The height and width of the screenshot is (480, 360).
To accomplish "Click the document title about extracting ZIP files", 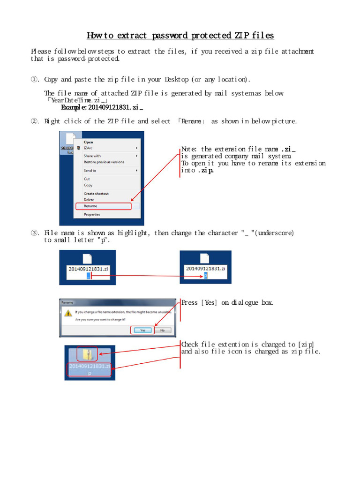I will pos(180,36).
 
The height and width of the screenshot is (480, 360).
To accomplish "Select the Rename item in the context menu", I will pos(90,206).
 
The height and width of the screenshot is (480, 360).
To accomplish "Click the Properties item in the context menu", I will pos(92,215).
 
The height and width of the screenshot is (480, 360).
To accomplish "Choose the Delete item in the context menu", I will pos(89,200).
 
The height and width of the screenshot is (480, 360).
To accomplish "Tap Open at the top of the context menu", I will pos(88,142).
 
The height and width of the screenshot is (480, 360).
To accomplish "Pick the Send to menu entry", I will pos(90,171).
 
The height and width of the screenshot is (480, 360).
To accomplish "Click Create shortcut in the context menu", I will pos(96,194).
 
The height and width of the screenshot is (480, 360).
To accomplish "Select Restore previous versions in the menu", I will pos(104,162).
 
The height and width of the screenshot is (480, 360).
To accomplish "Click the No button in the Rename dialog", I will pos(162,330).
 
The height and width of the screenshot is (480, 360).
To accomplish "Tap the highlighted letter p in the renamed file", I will pos(205,276).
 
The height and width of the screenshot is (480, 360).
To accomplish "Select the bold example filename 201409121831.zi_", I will pos(102,107).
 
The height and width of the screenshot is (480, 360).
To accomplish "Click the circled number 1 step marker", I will pos(35,80).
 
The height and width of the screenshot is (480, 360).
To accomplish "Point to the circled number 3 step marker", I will pos(35,233).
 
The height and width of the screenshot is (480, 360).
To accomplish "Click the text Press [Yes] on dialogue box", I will pos(227,303).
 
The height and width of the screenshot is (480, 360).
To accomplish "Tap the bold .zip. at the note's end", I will pos(205,171).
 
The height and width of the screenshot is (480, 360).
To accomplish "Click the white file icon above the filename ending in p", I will pos(204,258).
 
